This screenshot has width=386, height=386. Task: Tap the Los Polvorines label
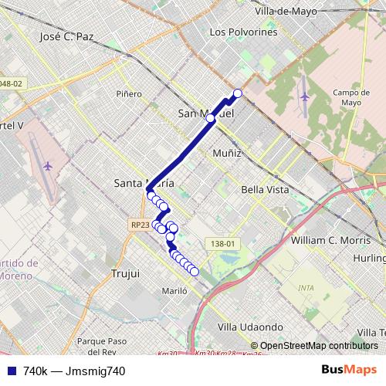(x=243, y=32)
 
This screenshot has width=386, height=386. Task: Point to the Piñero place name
(x=129, y=94)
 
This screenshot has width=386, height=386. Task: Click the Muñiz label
(x=227, y=153)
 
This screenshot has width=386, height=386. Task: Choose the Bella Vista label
(x=264, y=189)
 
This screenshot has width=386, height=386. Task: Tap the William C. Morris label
(x=327, y=240)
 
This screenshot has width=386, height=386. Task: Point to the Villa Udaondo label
(x=251, y=327)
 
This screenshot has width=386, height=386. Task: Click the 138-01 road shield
(x=222, y=243)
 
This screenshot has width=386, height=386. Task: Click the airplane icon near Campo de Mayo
(x=306, y=96)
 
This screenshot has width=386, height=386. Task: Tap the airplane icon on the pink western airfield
(x=48, y=165)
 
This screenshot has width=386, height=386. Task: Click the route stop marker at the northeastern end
(x=238, y=93)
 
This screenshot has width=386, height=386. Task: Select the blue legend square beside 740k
(x=12, y=371)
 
